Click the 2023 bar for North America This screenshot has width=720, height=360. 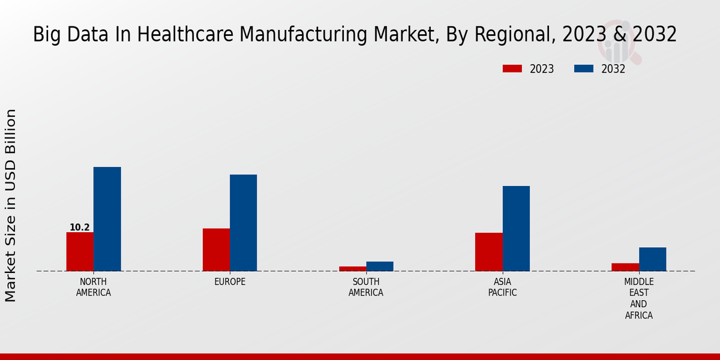80,251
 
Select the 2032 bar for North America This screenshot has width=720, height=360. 107,219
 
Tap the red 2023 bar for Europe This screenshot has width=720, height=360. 216,250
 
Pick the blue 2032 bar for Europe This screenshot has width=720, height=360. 243,223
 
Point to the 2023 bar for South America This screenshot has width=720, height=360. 352,269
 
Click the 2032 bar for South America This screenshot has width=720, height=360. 380,266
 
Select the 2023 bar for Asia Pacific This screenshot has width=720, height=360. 488,252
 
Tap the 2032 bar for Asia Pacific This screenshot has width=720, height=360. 516,229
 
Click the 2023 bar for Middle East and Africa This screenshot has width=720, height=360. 625,267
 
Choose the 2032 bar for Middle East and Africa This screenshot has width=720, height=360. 652,259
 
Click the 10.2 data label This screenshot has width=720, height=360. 80,227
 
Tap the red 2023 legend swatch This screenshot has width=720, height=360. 512,69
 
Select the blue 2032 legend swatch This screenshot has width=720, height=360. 583,69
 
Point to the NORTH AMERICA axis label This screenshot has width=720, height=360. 94,287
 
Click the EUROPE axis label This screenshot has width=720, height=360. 230,282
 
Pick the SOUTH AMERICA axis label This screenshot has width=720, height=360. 366,287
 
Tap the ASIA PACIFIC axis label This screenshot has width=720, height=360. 502,287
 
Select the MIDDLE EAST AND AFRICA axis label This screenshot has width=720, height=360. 639,298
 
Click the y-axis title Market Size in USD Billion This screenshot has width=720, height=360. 11,205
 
